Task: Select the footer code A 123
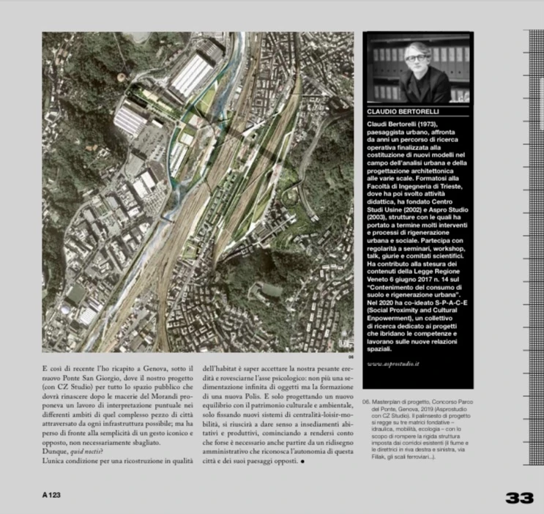click(x=51, y=496)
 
